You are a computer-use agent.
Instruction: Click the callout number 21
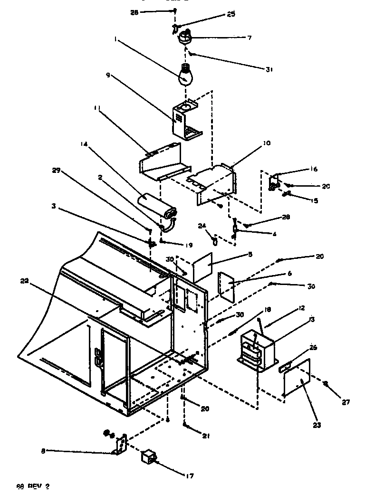[x=206, y=436]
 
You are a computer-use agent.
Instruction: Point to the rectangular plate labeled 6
[x=226, y=286]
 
